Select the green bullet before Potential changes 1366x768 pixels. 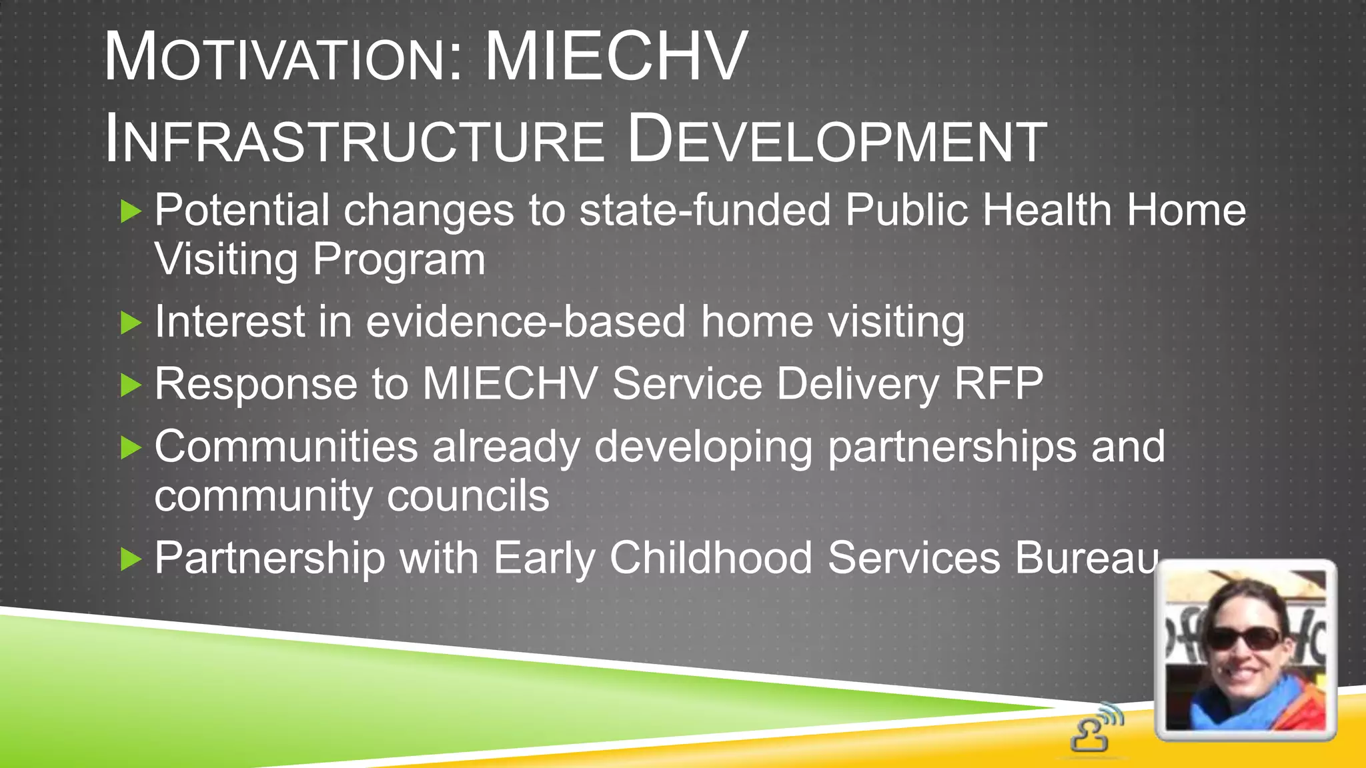click(131, 213)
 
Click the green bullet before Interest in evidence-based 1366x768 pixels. click(131, 324)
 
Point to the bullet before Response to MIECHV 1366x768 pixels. click(131, 385)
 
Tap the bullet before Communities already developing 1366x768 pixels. click(131, 448)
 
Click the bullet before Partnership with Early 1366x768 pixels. click(131, 559)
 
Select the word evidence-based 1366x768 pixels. click(526, 322)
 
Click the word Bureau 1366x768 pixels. click(1087, 558)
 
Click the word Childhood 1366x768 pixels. click(710, 558)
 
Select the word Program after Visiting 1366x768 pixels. click(399, 260)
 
